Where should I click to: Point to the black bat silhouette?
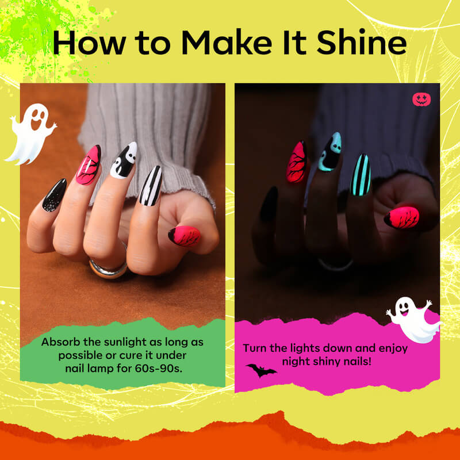point(260,370)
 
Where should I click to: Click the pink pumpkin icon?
point(421,99)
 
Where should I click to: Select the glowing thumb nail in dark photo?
point(402,218)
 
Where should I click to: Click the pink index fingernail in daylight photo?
point(88,165)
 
